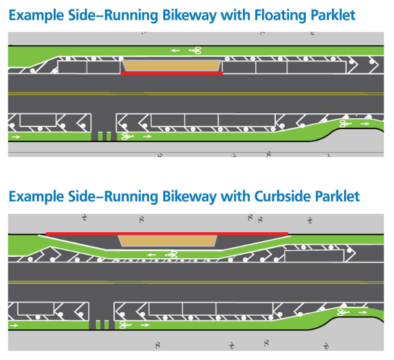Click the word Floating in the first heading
tap(281, 16)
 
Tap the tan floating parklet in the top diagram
tap(171, 66)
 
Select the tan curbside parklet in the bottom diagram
tap(167, 241)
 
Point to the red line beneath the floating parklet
tap(171, 73)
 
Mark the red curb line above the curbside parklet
tap(167, 234)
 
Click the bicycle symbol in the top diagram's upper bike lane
tap(195, 51)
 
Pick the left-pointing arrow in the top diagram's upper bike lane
tap(175, 51)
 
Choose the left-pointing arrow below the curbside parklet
tap(152, 255)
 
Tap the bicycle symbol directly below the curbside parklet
tap(171, 255)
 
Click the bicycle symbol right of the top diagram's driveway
tap(128, 136)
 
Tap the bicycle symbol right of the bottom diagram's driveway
tap(126, 324)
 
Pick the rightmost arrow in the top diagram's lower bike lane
tap(365, 124)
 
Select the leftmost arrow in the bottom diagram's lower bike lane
tap(14, 325)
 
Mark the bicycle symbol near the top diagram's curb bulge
tap(345, 124)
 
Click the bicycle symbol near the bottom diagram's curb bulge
tap(343, 312)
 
